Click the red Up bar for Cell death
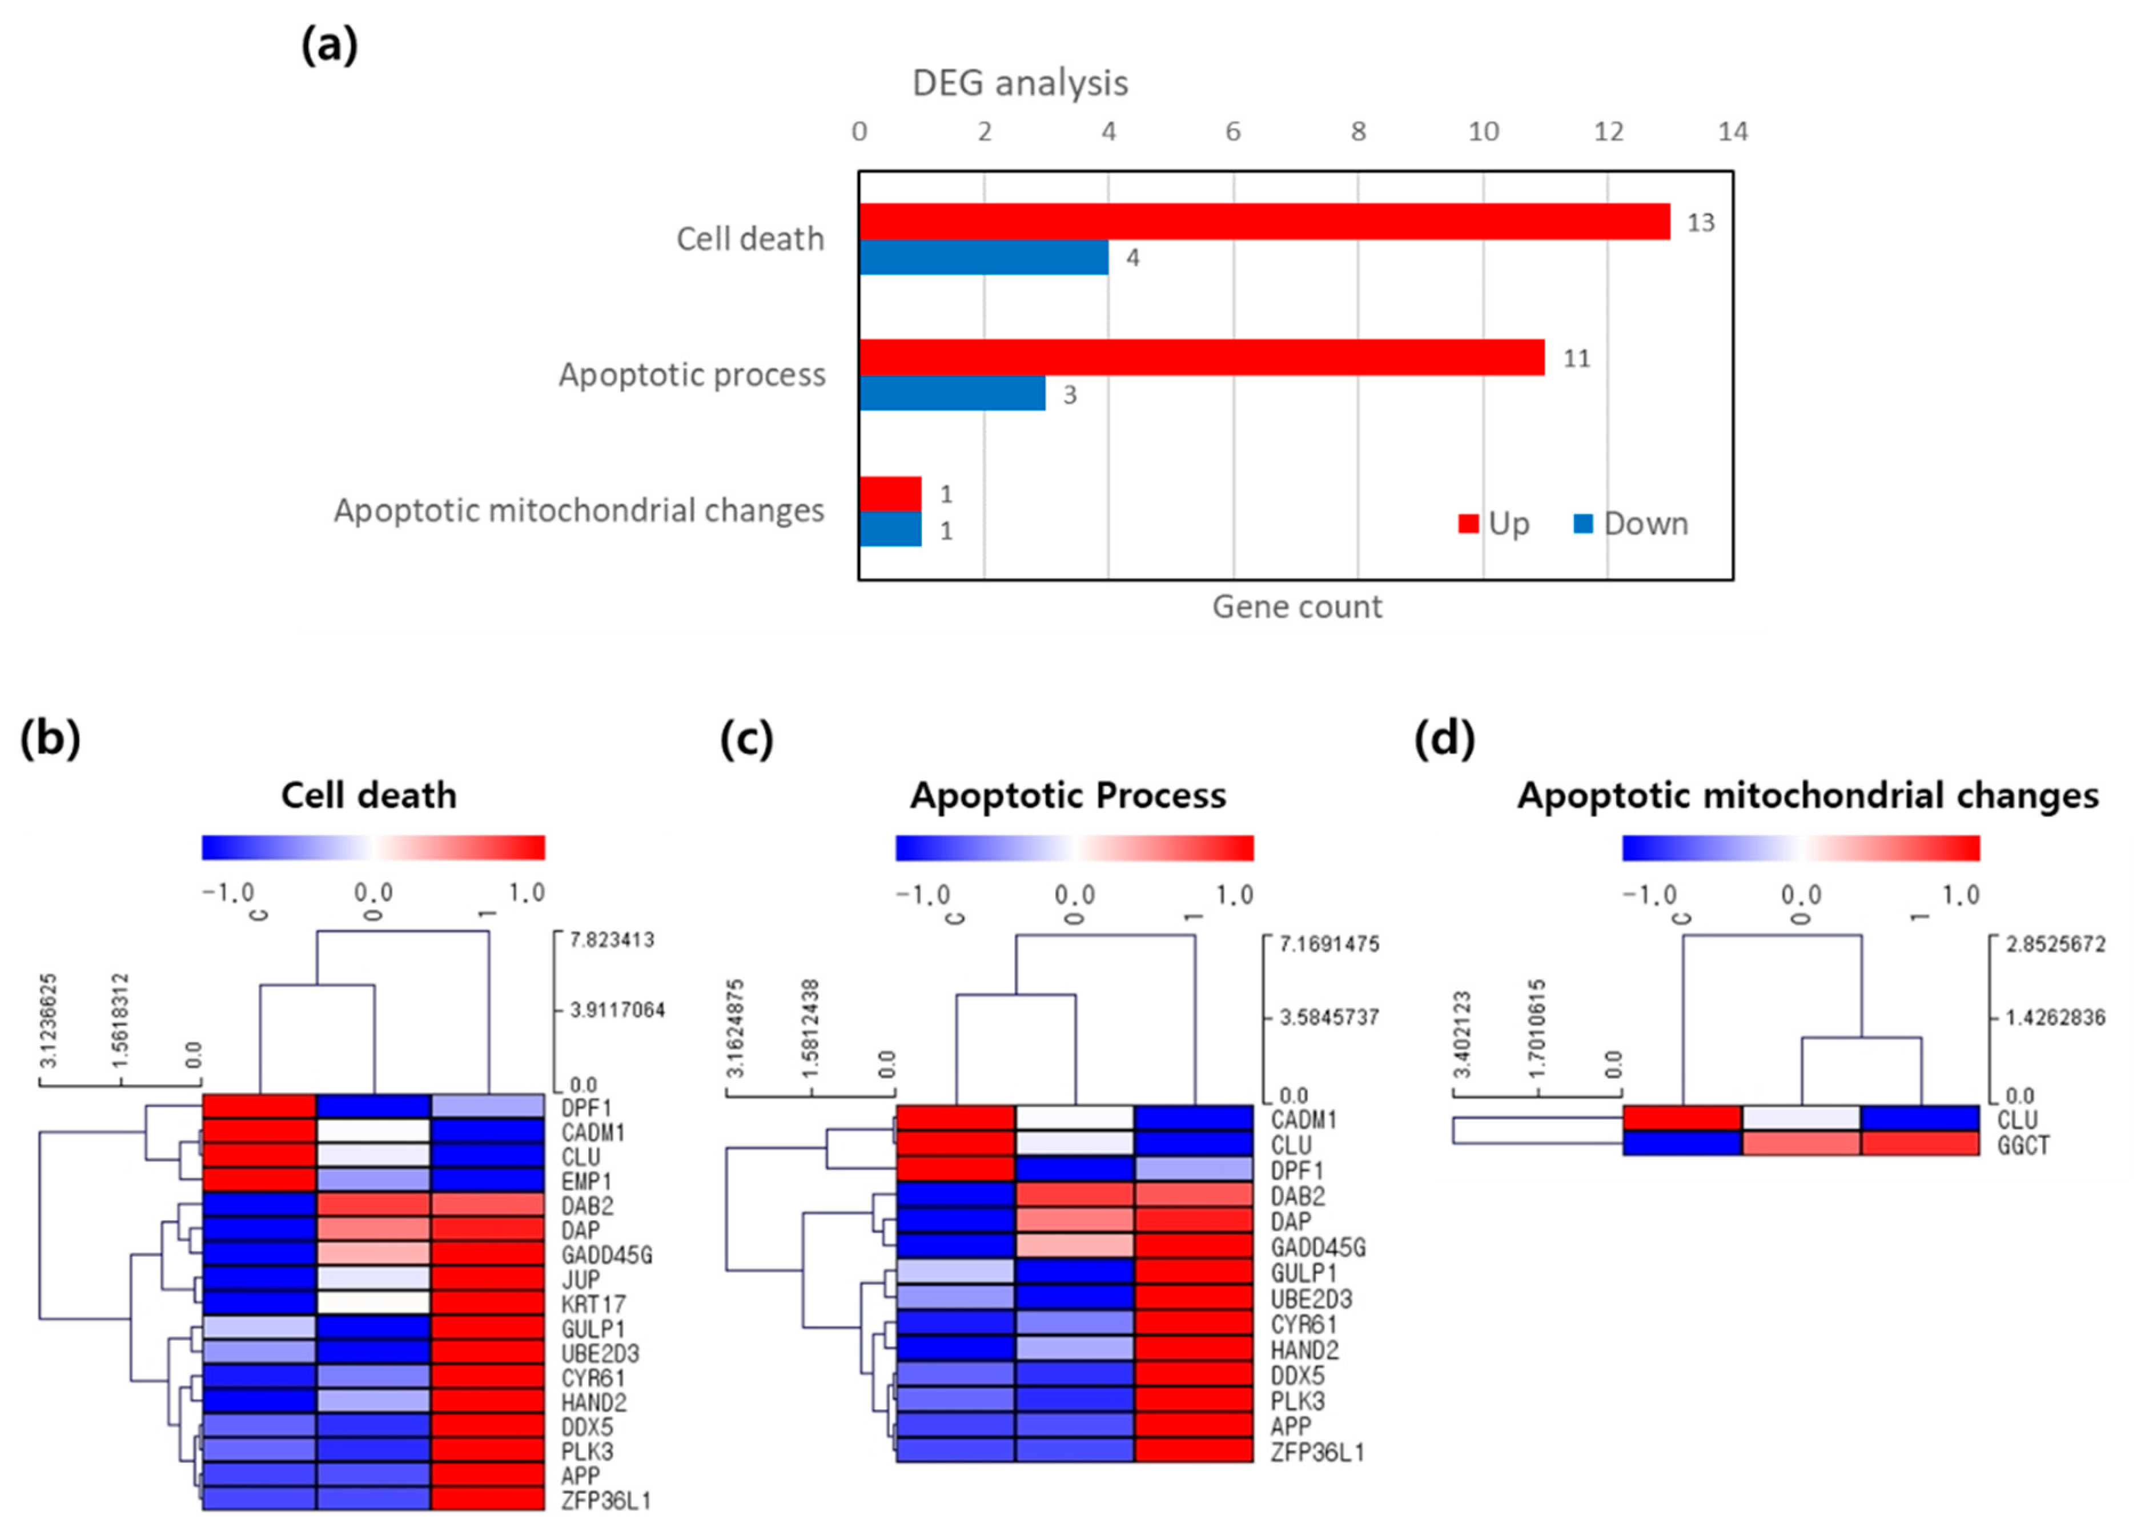(x=1263, y=222)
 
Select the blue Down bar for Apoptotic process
(x=951, y=394)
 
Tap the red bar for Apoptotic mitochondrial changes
(x=890, y=494)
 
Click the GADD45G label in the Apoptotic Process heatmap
(x=1317, y=1248)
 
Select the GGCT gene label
(x=2023, y=1146)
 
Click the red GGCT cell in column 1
(x=1919, y=1144)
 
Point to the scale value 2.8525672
(x=2055, y=944)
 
